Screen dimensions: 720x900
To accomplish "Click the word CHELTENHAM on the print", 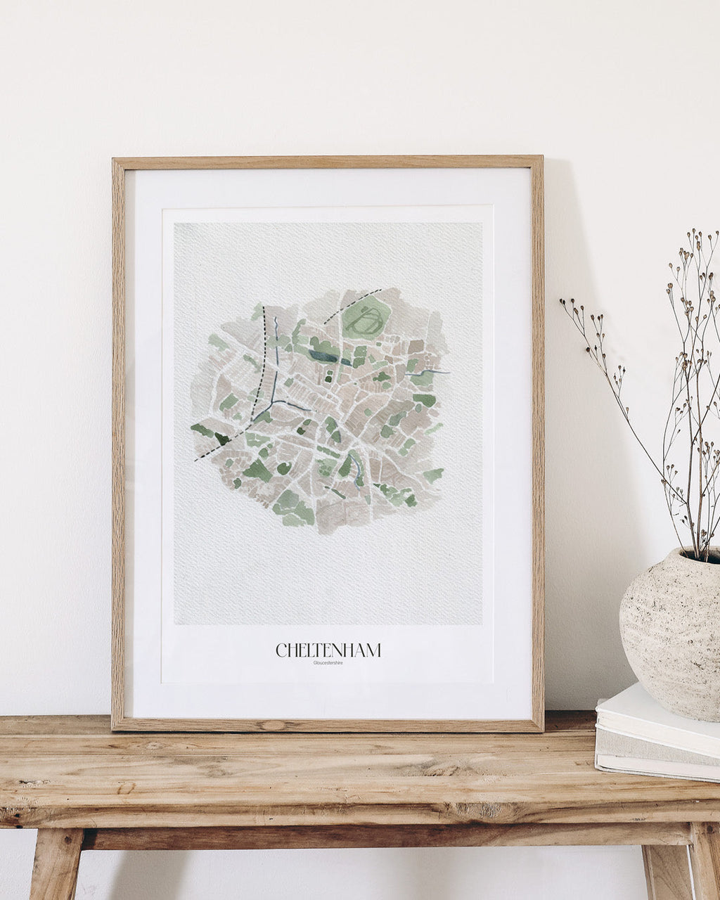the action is [x=328, y=650].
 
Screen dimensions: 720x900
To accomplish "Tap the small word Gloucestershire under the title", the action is [x=328, y=662].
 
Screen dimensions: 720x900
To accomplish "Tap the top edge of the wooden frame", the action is [x=328, y=162].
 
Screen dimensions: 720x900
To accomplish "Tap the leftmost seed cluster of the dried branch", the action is [x=565, y=303].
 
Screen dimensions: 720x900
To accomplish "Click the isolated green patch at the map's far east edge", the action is [x=433, y=475].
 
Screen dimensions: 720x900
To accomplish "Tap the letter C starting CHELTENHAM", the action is [x=281, y=650].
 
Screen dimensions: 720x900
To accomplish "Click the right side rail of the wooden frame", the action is [x=537, y=443].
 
